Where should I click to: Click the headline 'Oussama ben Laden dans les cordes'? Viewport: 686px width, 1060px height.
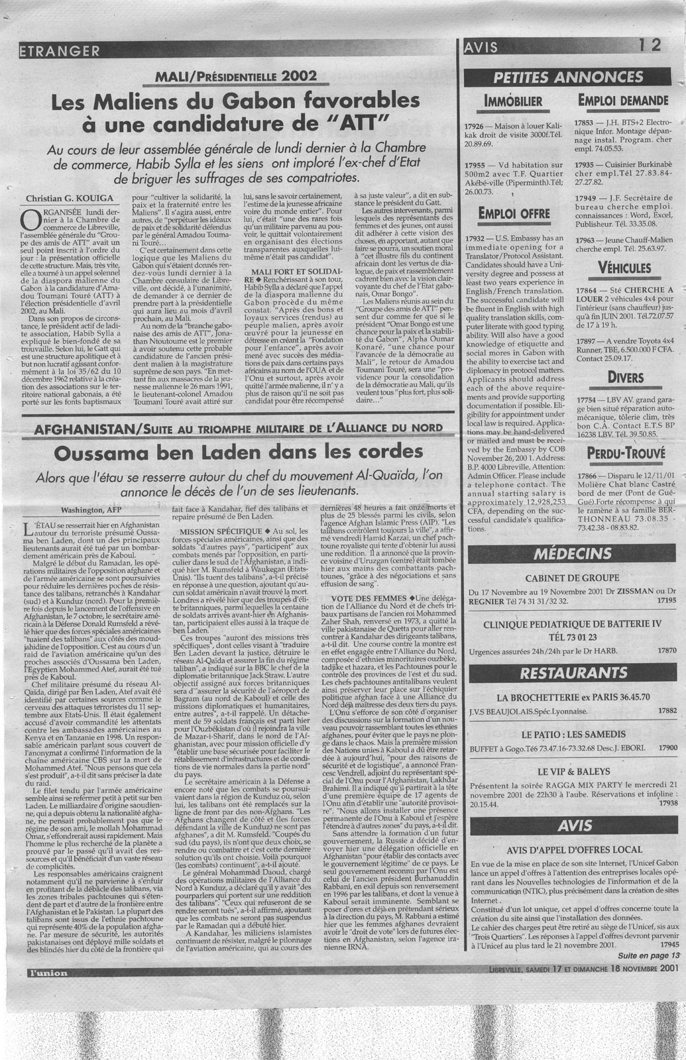(238, 453)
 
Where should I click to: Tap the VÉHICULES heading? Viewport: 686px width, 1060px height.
(624, 268)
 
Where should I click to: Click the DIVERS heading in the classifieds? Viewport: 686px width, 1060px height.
(624, 377)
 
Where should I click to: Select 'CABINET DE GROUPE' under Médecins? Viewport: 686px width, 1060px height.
(572, 577)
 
